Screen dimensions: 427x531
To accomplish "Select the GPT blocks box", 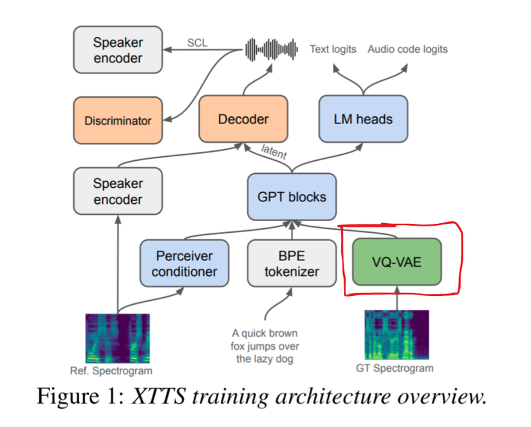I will (292, 196).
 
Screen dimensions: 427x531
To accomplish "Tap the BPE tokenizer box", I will (292, 263).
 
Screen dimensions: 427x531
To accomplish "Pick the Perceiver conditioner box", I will (184, 263).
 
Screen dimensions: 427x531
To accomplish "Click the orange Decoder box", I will (243, 119).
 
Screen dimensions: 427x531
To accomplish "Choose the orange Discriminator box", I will (118, 120).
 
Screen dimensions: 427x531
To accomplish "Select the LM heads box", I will (363, 119).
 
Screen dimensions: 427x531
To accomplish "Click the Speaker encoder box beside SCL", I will (118, 50).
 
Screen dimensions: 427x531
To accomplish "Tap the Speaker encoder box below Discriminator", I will (118, 191).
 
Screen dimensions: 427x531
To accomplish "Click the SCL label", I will (197, 42).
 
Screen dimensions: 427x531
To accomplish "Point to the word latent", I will (274, 152).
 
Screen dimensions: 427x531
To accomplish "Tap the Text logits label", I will (333, 49).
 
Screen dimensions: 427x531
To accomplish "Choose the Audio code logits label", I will (407, 49).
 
